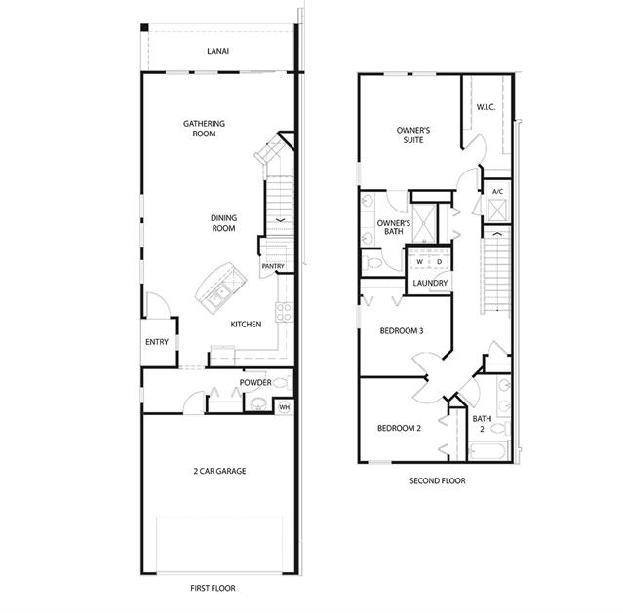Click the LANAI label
pos(217,51)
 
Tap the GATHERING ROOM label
pos(204,129)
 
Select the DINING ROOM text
pos(223,223)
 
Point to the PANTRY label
pos(273,266)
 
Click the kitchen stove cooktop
pos(284,312)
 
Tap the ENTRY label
pos(157,342)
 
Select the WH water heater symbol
pos(284,407)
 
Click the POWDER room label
pos(255,383)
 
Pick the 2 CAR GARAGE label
pos(219,471)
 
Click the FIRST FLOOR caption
pos(213,588)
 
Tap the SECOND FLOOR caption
pos(438,481)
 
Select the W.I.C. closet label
pos(486,107)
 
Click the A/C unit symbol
pos(497,211)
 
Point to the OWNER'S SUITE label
pos(413,135)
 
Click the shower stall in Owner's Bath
pos(424,223)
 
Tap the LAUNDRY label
pos(430,283)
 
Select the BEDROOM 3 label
pos(402,331)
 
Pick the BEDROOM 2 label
pos(399,428)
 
